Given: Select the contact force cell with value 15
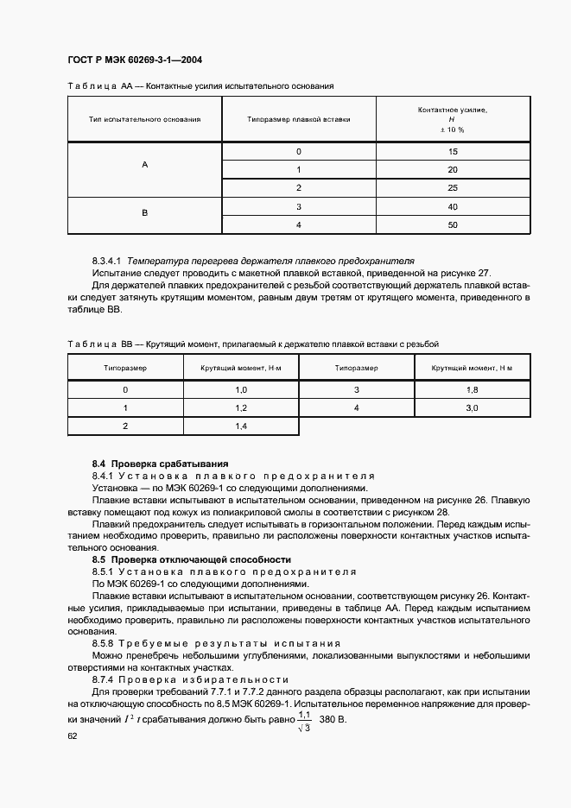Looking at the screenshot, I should coord(452,152).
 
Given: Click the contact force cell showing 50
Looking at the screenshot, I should coord(452,224).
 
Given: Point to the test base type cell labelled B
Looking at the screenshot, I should coord(144,212).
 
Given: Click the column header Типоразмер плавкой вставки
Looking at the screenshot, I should coord(298,119).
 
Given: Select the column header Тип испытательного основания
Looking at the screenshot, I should coord(144,119).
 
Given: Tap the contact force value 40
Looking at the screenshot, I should coord(452,206).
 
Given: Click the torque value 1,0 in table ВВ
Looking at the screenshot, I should coord(241,389).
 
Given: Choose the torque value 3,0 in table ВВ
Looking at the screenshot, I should coord(472,407).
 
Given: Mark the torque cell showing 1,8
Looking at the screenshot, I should coord(472,389).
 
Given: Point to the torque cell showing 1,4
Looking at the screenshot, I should coord(241,426).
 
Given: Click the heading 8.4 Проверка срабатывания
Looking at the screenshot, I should coord(160,464).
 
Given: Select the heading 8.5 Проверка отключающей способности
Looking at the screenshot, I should coord(191,560).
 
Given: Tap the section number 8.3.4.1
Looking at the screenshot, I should coord(108,260).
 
